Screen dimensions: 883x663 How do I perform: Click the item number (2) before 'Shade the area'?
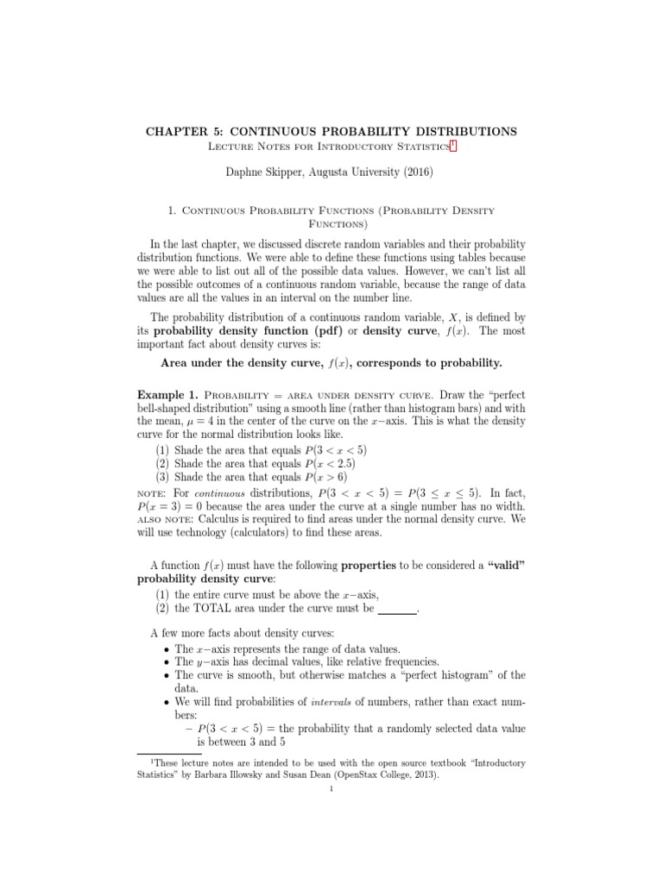162,462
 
